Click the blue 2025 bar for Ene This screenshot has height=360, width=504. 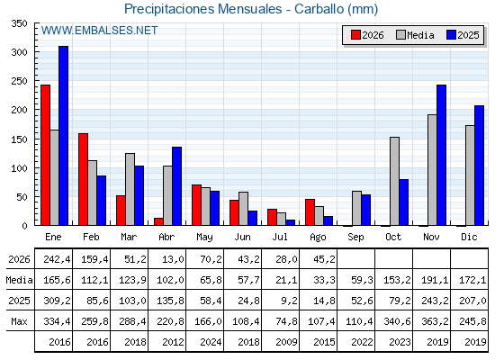63,136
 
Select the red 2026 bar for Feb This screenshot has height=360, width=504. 83,179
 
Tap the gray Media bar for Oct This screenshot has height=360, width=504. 394,181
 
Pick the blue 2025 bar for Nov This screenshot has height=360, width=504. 441,155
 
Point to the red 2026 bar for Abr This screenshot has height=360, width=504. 158,221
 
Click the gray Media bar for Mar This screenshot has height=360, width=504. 130,189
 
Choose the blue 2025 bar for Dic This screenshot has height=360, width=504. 479,166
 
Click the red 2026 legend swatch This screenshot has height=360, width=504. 355,35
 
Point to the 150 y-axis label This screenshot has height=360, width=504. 19,139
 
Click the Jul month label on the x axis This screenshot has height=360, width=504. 280,238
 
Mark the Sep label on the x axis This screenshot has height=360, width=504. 355,238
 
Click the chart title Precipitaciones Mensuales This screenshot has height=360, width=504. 202,9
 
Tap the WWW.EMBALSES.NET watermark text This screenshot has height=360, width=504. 99,31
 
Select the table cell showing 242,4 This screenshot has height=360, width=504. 57,259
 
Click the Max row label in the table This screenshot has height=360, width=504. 19,321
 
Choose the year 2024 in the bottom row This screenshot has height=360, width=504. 211,342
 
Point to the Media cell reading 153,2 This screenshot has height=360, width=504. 397,280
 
